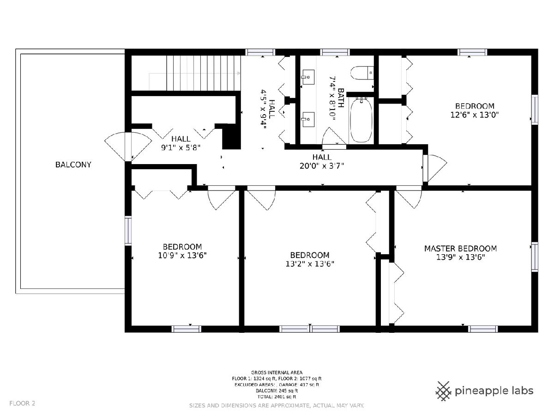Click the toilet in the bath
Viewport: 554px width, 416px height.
[x=362, y=73]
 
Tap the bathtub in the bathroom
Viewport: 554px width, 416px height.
[x=361, y=120]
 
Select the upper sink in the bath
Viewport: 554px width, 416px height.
[x=307, y=77]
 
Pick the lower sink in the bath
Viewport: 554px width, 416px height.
[x=307, y=119]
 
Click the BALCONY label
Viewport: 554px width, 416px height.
[x=73, y=165]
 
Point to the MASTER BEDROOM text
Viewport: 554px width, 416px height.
[x=460, y=249]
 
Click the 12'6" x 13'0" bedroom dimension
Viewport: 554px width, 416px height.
[x=475, y=115]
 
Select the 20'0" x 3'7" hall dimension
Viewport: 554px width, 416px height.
[x=322, y=166]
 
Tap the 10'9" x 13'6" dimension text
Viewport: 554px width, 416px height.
[x=182, y=256]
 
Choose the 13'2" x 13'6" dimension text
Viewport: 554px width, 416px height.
[x=310, y=264]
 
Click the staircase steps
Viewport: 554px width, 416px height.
[x=204, y=73]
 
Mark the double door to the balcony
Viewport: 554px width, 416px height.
[x=128, y=147]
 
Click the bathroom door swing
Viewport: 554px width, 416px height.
[x=334, y=137]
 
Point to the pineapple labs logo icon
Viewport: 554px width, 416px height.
[x=444, y=391]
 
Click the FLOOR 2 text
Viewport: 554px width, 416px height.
[x=22, y=403]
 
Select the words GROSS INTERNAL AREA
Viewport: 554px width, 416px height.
[x=277, y=372]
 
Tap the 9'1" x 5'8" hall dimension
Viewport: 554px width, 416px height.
[x=181, y=147]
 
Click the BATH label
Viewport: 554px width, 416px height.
[x=341, y=98]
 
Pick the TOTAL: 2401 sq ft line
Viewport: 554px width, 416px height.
[x=277, y=397]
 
